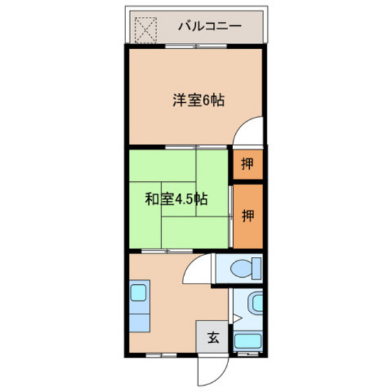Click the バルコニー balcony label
tap(209, 27)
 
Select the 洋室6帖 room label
tap(199, 100)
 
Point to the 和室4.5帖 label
tap(176, 198)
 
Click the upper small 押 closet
tap(247, 164)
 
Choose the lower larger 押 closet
tap(247, 215)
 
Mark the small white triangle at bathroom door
tap(237, 319)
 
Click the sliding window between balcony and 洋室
tap(196, 45)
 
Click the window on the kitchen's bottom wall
tap(158, 354)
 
